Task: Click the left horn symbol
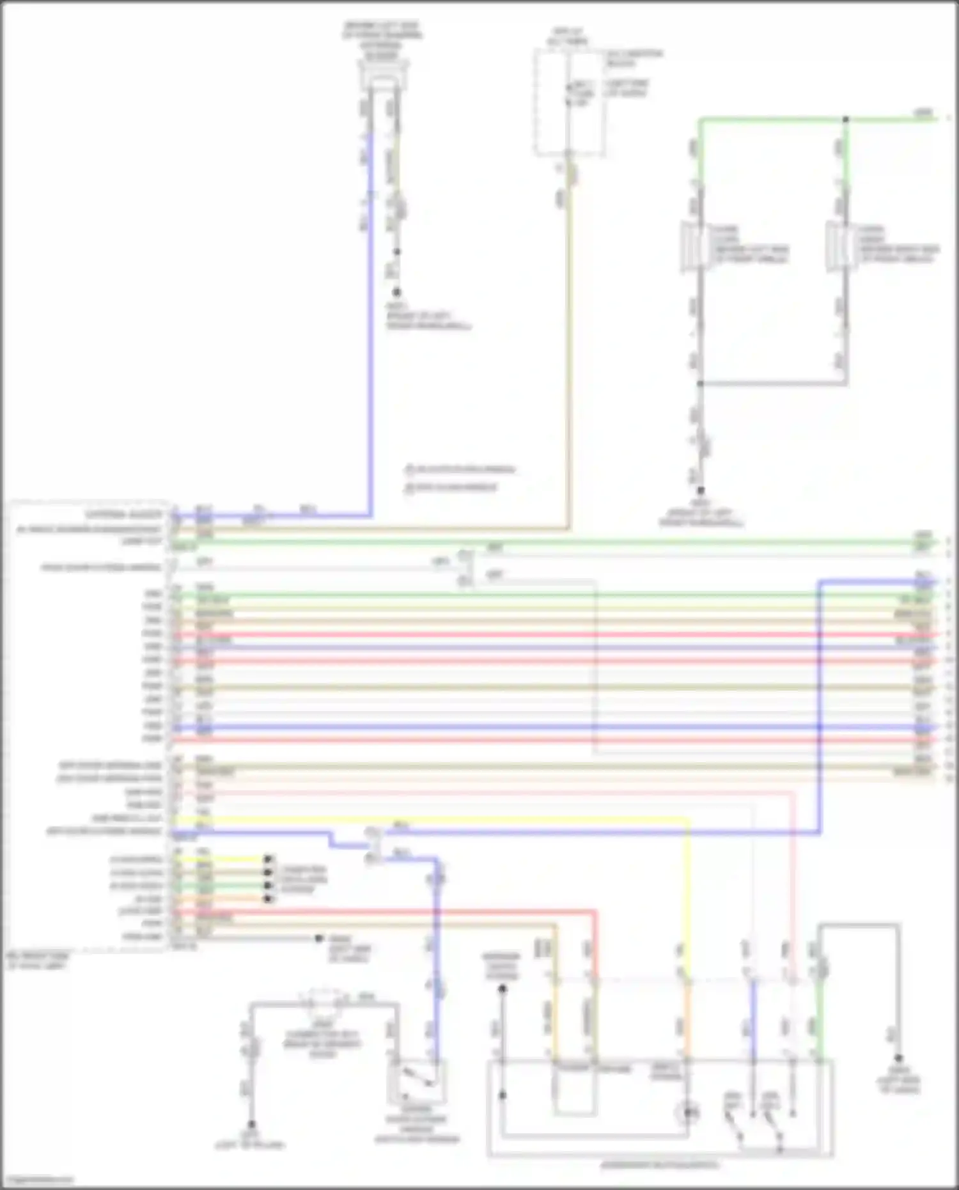coord(692,246)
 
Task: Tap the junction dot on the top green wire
coord(845,120)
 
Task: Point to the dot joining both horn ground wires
coord(700,384)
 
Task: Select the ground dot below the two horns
coord(700,490)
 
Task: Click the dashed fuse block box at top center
coord(569,102)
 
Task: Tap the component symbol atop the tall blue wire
coord(382,80)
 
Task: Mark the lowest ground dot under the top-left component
coord(396,292)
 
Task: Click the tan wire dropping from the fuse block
coord(568,352)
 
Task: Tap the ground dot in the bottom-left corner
coord(251,1123)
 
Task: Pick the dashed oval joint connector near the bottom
coord(324,1001)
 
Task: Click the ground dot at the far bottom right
coord(898,1058)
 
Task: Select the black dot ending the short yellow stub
coord(269,859)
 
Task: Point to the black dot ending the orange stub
coord(269,898)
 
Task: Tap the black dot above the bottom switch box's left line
coord(503,989)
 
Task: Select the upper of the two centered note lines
coord(460,470)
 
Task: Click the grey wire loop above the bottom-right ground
coord(860,925)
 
